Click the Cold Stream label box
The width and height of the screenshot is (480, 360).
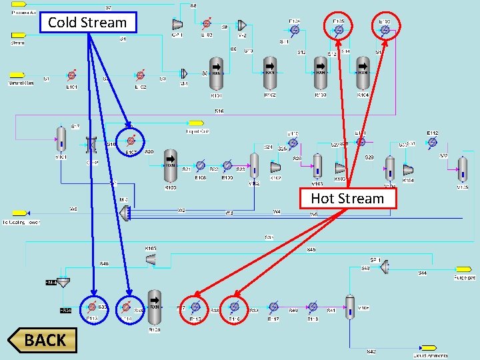coord(87,23)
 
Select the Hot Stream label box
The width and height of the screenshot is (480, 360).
coord(347,198)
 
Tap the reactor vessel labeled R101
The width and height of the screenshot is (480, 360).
coord(217,73)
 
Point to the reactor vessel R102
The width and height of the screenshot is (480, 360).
coord(269,73)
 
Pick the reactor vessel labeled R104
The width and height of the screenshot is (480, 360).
coord(363,73)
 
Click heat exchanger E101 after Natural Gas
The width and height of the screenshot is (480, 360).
coord(71,76)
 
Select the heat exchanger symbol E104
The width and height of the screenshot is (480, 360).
coord(295,30)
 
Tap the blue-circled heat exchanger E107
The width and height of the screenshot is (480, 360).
coord(132,141)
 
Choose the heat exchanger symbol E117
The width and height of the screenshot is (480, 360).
coord(273,307)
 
